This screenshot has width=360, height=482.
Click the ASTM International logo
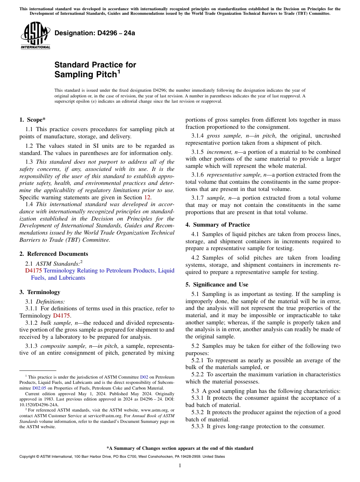35,36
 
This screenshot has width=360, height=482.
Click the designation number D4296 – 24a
95,33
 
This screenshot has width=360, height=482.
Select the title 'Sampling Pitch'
85,75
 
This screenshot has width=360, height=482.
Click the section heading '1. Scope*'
33,120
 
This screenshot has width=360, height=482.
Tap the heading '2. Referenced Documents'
53,254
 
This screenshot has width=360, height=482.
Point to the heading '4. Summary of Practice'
218,225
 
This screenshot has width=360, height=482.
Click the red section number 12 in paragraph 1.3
147,197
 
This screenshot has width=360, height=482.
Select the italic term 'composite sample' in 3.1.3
62,346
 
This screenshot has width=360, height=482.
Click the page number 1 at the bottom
180,466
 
